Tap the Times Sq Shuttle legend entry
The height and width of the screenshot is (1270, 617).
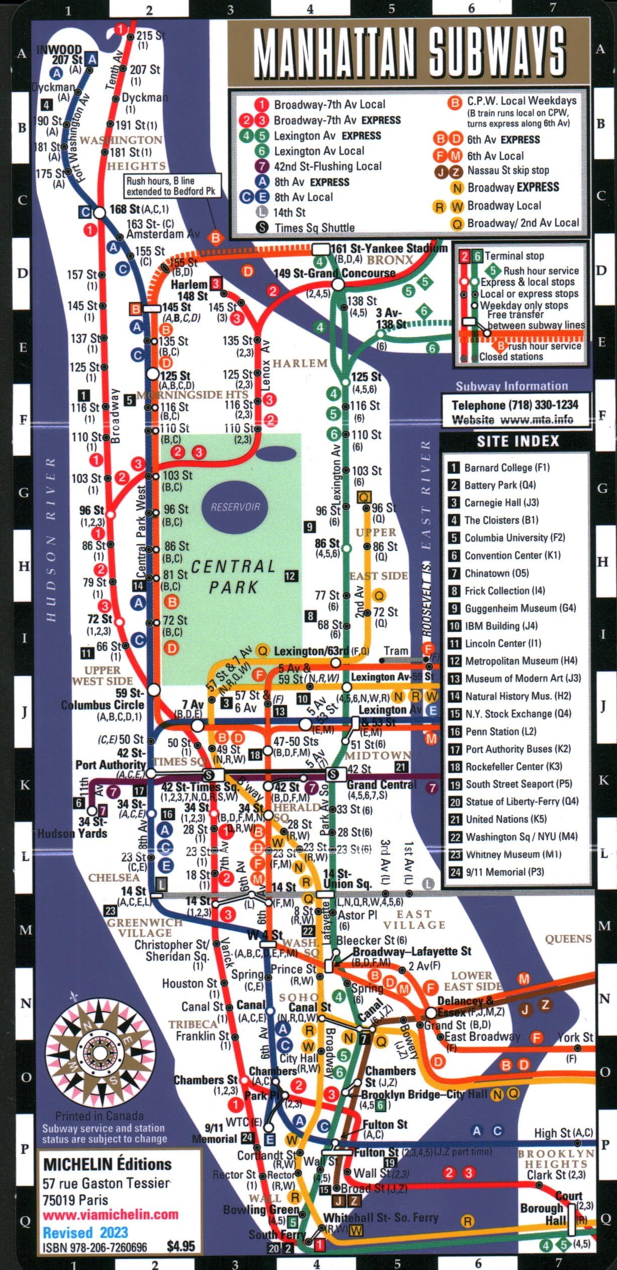click(314, 228)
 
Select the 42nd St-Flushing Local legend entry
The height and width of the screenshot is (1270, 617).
click(327, 166)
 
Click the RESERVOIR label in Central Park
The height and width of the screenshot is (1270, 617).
click(236, 507)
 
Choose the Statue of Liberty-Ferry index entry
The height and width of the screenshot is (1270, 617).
click(522, 802)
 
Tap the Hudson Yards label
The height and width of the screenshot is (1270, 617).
click(72, 833)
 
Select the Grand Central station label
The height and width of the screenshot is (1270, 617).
click(382, 785)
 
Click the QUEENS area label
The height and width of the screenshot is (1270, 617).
click(568, 939)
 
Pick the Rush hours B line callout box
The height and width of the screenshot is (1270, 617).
click(172, 186)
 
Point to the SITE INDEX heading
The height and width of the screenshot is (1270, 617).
click(518, 441)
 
